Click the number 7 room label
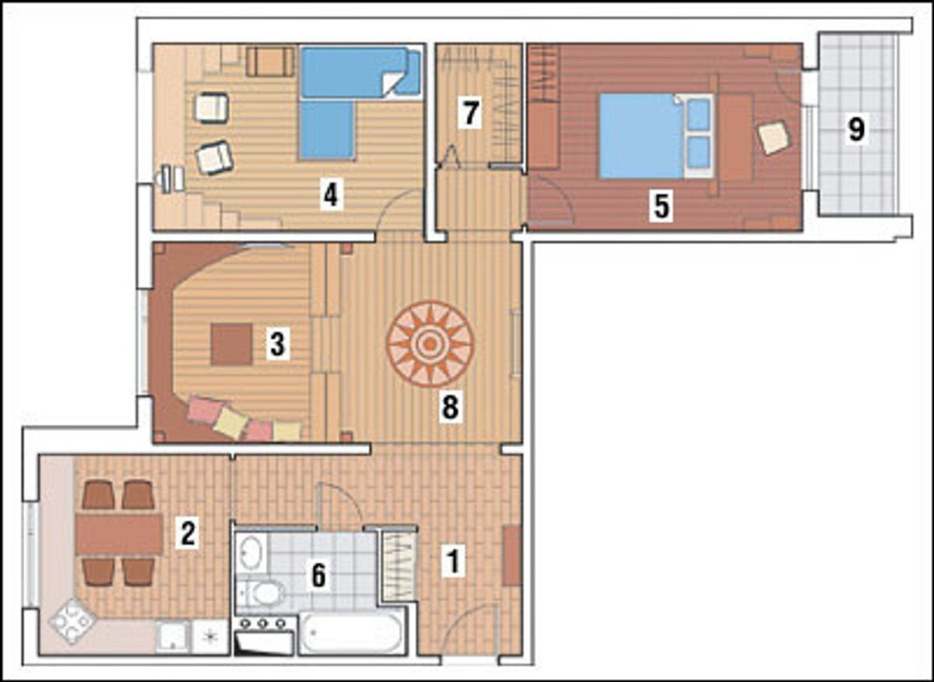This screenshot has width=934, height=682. coord(470,113)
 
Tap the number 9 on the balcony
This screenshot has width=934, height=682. coord(856,129)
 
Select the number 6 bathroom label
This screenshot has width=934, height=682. coord(318,575)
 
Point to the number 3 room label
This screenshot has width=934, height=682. coord(278,344)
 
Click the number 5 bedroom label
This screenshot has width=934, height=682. coord(662,206)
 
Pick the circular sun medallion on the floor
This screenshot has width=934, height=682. coord(430,344)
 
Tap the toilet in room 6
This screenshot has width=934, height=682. coord(264,592)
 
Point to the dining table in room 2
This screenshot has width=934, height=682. coord(119,534)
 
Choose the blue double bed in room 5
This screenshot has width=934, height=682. coord(655,136)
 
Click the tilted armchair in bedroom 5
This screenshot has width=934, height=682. coord(774,138)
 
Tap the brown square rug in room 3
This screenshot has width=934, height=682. coord(231,344)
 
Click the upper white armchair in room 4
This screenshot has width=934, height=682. coord(212,108)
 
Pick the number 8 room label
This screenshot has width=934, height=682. coord(451,407)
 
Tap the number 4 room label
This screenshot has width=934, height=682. coord(331,195)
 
